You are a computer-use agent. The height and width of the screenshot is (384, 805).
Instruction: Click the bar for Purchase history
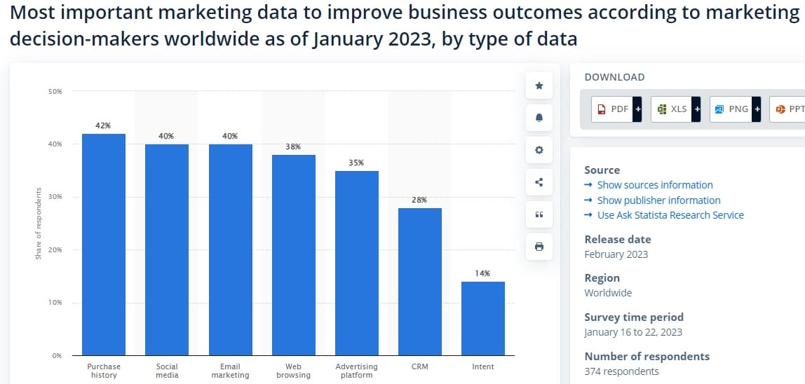[x=104, y=245]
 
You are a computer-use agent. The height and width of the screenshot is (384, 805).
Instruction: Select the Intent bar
[x=482, y=318]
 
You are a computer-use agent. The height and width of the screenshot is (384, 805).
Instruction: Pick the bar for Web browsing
[x=293, y=255]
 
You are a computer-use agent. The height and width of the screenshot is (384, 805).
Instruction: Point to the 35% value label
[x=356, y=163]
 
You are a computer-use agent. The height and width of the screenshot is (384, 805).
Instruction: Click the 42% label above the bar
[x=103, y=125]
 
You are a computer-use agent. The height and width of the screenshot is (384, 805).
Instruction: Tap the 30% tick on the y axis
[x=55, y=197]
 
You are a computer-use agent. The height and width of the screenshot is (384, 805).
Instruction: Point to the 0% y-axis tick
[x=56, y=355]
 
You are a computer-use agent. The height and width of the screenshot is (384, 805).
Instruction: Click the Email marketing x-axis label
[x=230, y=371]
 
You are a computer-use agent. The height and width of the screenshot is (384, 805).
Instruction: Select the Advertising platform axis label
[x=356, y=371]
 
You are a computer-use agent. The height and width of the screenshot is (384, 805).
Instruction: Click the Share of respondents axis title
[x=39, y=224]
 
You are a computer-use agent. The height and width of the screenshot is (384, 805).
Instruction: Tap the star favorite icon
[x=539, y=85]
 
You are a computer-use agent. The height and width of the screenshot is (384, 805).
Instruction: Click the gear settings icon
[x=539, y=150]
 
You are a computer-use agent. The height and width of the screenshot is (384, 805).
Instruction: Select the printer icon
[x=539, y=247]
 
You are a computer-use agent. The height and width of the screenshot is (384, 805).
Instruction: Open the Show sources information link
[x=654, y=185]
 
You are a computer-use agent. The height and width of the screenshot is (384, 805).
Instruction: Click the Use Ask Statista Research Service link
[x=670, y=215]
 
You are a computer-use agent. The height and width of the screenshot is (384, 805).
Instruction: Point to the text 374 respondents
[x=621, y=371]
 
